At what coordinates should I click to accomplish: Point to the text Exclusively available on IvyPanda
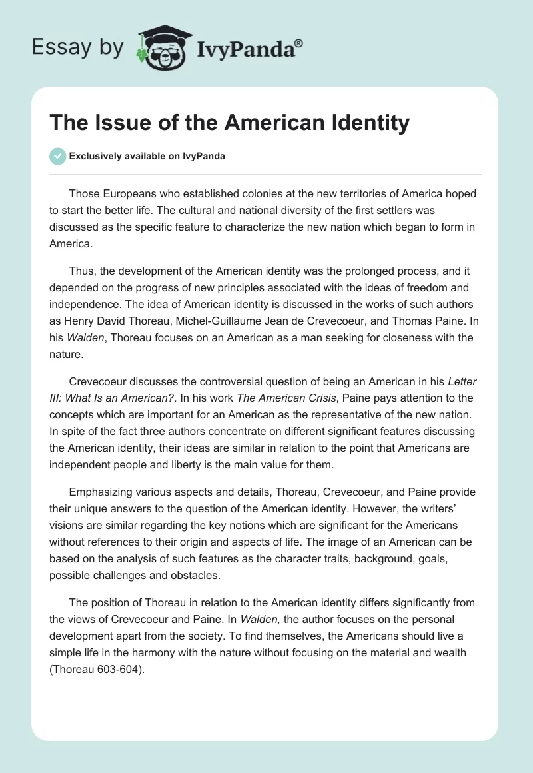[x=147, y=156]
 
